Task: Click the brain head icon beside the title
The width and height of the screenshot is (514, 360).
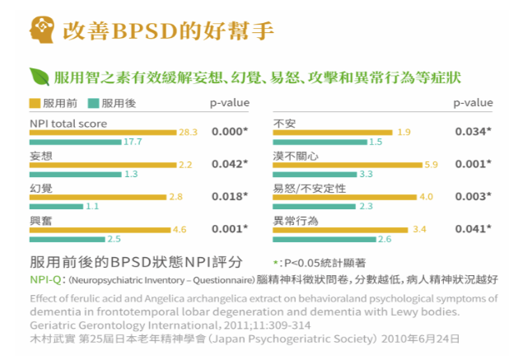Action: pyautogui.click(x=40, y=30)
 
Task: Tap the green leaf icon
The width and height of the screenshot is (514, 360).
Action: pyautogui.click(x=39, y=77)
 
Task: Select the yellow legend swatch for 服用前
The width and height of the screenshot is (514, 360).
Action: pyautogui.click(x=35, y=103)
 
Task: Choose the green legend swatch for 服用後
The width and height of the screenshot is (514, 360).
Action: pyautogui.click(x=93, y=103)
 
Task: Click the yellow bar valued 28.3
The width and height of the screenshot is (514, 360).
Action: pyautogui.click(x=103, y=132)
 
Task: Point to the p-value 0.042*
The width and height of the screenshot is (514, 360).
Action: pyautogui.click(x=229, y=163)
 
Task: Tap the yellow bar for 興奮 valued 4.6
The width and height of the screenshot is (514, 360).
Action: pyautogui.click(x=100, y=229)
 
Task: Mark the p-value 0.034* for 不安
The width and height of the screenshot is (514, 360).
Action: pyautogui.click(x=473, y=131)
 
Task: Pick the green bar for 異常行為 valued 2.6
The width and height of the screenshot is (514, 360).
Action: pyautogui.click(x=324, y=239)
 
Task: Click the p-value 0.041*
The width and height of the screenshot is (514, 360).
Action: pyautogui.click(x=473, y=229)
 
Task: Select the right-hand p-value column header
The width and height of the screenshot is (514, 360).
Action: pyautogui.click(x=473, y=103)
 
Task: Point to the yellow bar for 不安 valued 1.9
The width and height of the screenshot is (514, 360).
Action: pyautogui.click(x=334, y=132)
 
